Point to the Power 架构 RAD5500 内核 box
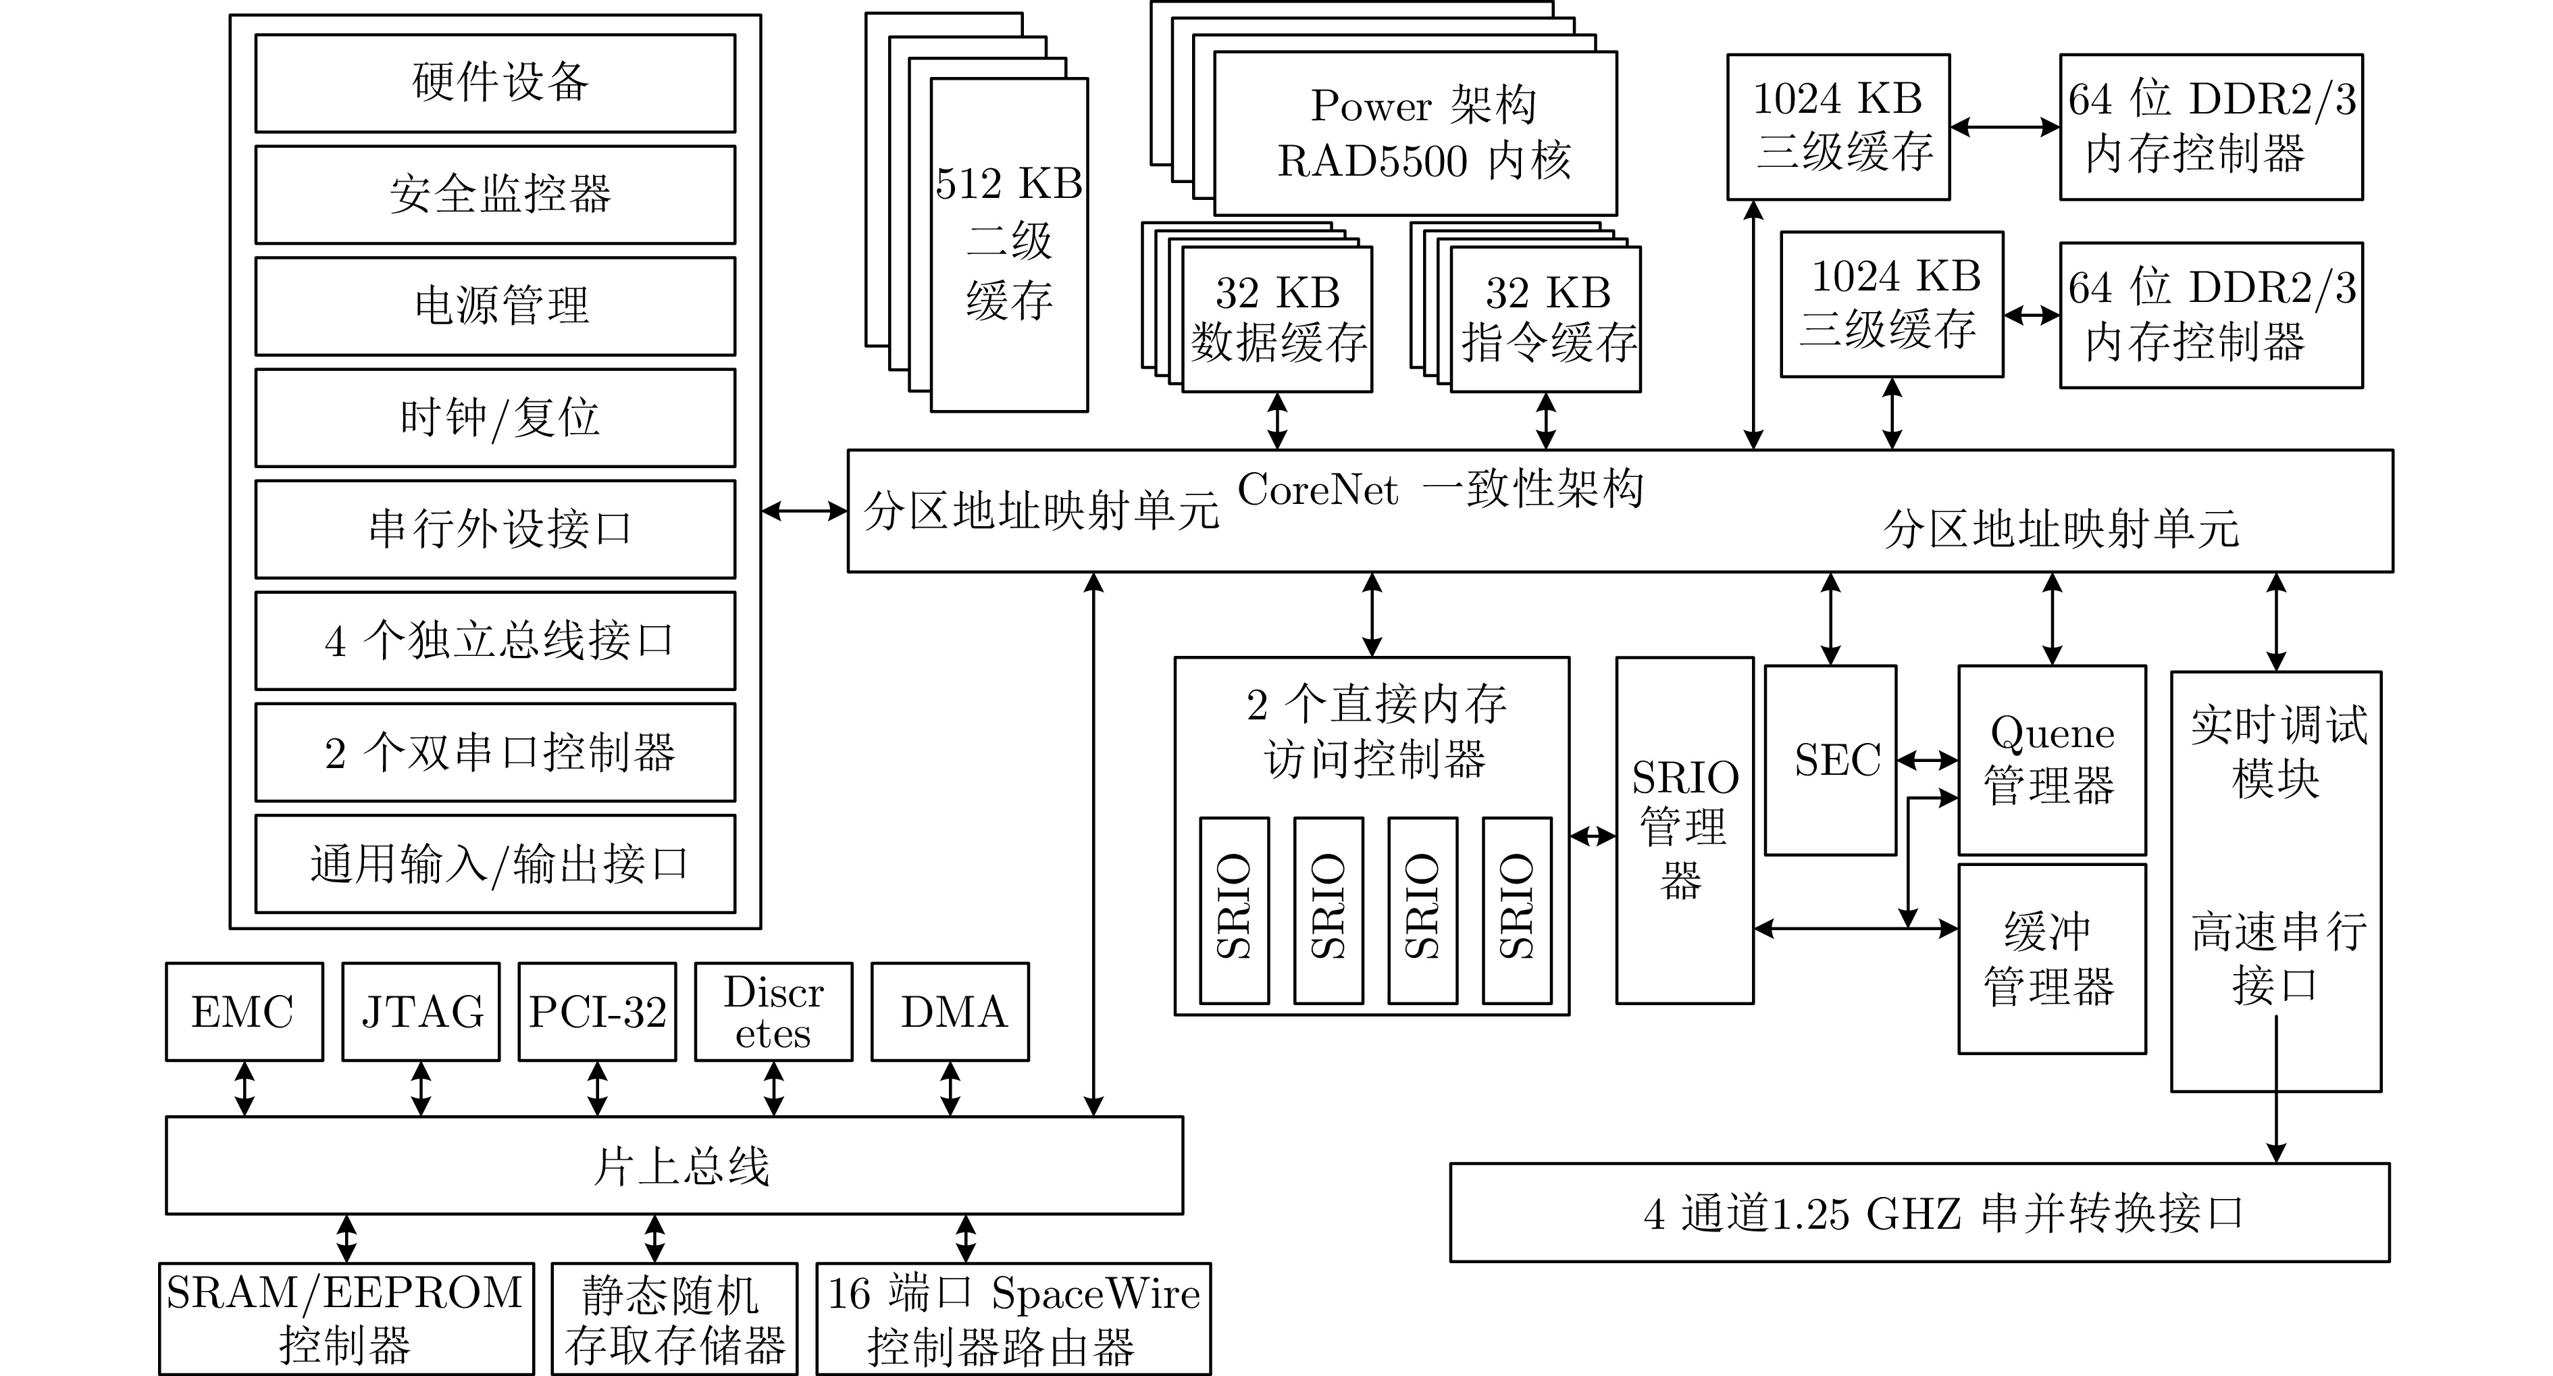coord(1415,134)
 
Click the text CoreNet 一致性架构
coord(1440,490)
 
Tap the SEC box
coord(1830,761)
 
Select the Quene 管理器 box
coord(2052,761)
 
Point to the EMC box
coord(244,1012)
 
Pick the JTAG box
coord(421,1012)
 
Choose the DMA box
coord(950,1012)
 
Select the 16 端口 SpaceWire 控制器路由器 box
coord(1013,1319)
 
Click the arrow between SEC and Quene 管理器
coord(1928,761)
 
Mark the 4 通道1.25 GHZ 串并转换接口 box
coord(1919,1213)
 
